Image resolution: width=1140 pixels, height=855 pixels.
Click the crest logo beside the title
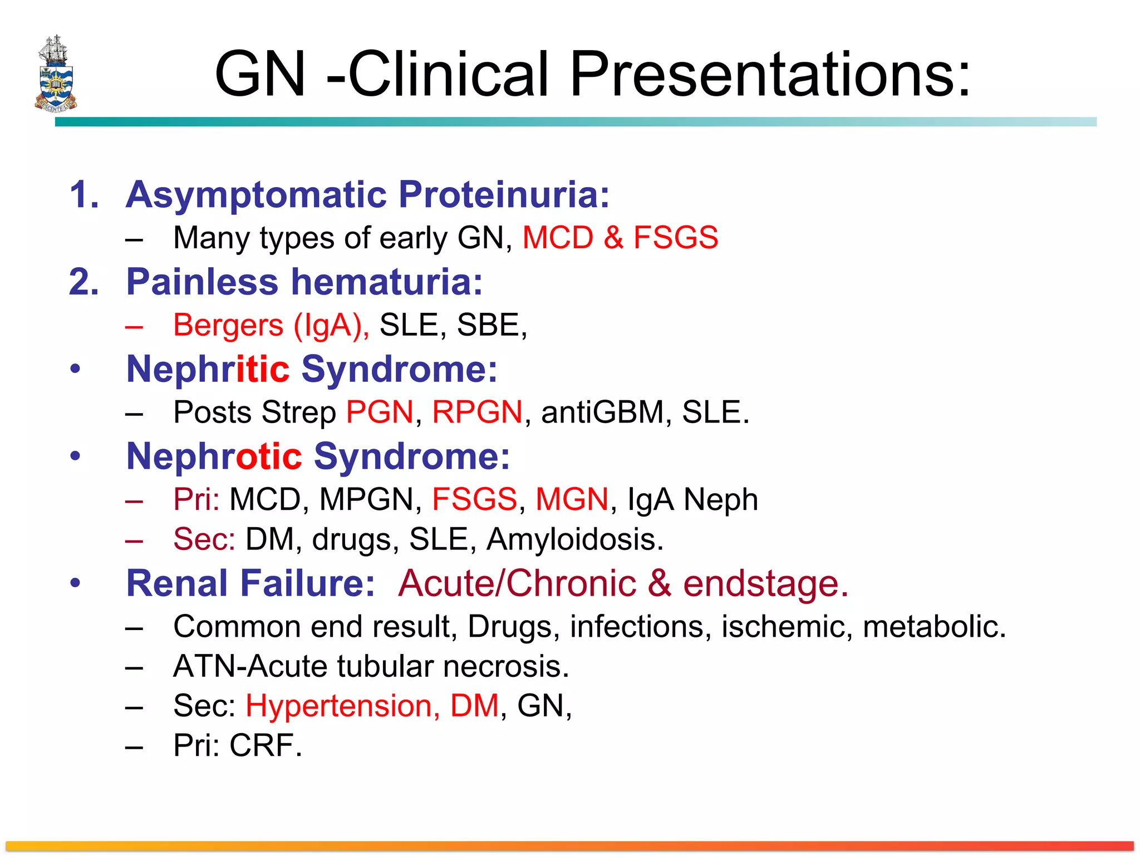pyautogui.click(x=55, y=73)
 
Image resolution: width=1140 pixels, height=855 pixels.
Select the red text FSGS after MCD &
pyautogui.click(x=675, y=238)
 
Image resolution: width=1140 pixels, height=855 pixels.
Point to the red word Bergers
pyautogui.click(x=228, y=325)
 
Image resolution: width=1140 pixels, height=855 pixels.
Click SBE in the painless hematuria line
pyautogui.click(x=488, y=325)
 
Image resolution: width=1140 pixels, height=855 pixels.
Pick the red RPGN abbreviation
pyautogui.click(x=477, y=412)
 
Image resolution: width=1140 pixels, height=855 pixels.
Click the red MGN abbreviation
pyautogui.click(x=572, y=499)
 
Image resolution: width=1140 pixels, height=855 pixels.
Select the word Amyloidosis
pyautogui.click(x=574, y=539)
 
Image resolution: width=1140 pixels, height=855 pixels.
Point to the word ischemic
pyautogui.click(x=787, y=627)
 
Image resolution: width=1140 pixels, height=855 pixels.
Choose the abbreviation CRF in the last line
pyautogui.click(x=265, y=745)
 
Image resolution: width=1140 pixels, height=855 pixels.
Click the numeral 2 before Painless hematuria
pyautogui.click(x=83, y=282)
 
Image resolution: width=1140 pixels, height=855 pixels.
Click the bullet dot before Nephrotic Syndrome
pyautogui.click(x=75, y=456)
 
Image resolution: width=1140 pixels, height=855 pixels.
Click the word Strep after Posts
pyautogui.click(x=298, y=412)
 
